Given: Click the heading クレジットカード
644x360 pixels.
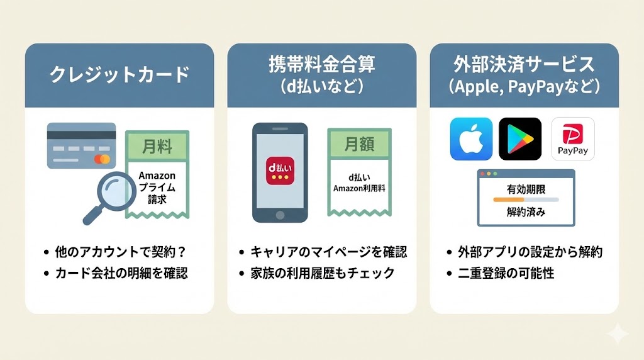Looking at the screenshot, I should click(x=119, y=75).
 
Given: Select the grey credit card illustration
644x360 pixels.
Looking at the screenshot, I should click(x=81, y=145).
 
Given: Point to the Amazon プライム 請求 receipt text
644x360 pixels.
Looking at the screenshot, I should click(x=157, y=188).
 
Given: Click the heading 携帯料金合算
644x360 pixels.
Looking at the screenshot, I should click(x=321, y=64).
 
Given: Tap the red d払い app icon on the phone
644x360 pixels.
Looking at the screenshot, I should click(x=280, y=171).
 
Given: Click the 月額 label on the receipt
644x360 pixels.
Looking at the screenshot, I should click(x=358, y=146).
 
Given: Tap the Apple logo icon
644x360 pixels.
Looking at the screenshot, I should click(x=471, y=139).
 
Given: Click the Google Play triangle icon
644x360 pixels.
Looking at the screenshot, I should click(x=519, y=139).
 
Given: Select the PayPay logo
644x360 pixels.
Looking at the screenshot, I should click(x=572, y=139).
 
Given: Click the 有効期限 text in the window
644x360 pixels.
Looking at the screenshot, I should click(x=525, y=189).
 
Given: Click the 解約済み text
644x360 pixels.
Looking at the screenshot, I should click(x=526, y=212).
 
